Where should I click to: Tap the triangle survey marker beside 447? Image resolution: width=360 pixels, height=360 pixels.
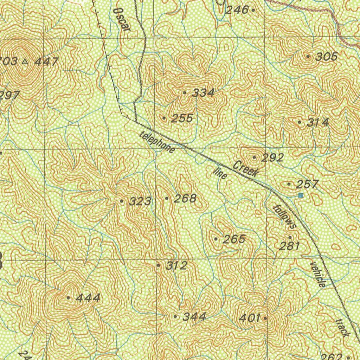[25, 62]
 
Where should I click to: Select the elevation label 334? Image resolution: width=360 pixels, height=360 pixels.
[203, 93]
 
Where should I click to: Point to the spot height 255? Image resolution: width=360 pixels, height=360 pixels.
[182, 118]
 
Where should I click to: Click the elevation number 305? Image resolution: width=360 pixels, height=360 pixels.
[327, 56]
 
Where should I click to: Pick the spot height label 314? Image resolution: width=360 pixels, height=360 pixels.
[318, 122]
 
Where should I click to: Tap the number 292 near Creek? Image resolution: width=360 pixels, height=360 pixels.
[272, 158]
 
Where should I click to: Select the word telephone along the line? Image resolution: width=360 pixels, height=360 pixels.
[157, 142]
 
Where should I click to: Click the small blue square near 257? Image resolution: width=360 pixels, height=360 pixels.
[300, 195]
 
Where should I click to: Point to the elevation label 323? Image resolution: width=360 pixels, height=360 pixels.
[140, 201]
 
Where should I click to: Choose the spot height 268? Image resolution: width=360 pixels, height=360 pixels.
[185, 198]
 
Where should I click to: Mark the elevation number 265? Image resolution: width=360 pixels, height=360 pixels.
[234, 239]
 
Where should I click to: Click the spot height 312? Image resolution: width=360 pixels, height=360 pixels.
[176, 265]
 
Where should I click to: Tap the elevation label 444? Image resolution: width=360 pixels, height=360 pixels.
[88, 298]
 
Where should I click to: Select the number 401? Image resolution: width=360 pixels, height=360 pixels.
[250, 319]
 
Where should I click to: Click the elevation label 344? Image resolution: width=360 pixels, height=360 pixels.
[194, 317]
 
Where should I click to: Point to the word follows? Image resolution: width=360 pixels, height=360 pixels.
[285, 217]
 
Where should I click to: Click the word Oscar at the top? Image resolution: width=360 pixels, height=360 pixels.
[122, 19]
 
